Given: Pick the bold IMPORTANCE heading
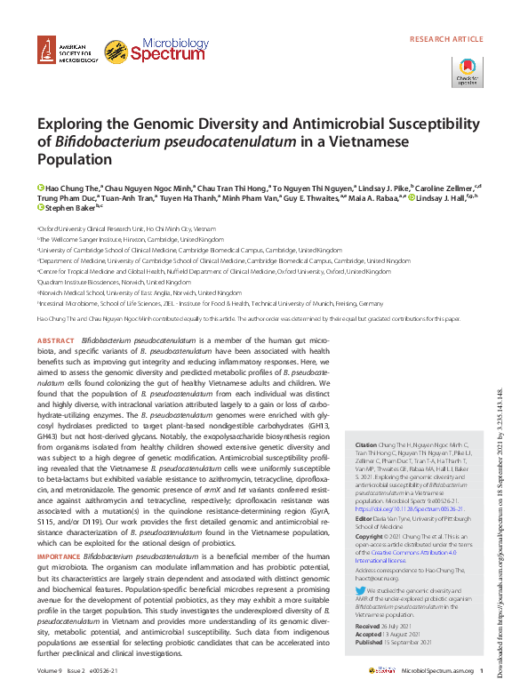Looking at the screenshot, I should [59, 556].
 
